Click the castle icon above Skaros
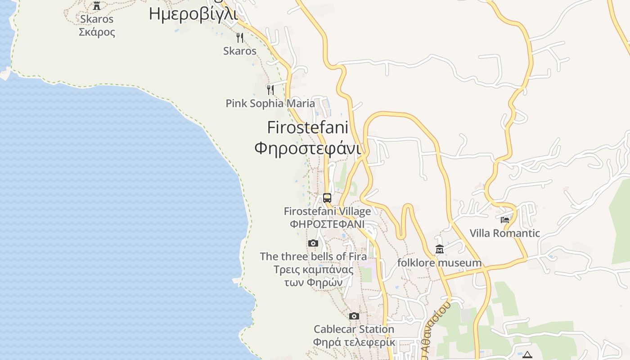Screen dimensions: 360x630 pos(96,6)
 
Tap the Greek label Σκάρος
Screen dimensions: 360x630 pos(97,32)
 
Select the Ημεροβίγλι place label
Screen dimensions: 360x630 pos(193,14)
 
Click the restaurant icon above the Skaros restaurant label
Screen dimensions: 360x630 pos(240,37)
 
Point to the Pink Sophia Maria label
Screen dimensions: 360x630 pos(270,103)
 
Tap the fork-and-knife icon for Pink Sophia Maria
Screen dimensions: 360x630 pos(270,90)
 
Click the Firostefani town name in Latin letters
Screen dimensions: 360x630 pos(307,127)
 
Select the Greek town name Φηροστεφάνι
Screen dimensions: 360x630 pos(307,148)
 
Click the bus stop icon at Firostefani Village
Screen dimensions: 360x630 pos(327,198)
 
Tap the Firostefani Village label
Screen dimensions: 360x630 pos(327,211)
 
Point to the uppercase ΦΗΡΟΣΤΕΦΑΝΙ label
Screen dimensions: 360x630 pos(327,224)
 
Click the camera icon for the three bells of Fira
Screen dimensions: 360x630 pos(313,243)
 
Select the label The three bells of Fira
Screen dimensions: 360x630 pos(313,256)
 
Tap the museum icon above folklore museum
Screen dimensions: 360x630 pos(440,249)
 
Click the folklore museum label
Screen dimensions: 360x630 pos(439,262)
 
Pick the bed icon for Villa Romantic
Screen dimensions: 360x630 pos(505,220)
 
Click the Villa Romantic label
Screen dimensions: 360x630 pos(504,233)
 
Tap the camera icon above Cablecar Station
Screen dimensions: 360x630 pos(354,316)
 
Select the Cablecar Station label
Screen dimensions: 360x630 pos(354,329)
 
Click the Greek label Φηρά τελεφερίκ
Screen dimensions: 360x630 pos(354,342)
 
